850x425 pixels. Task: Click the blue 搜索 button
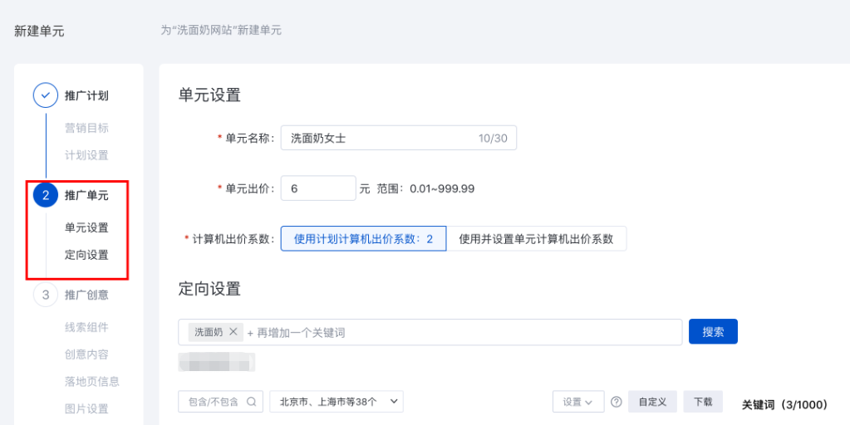(x=713, y=332)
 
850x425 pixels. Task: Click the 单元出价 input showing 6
(x=318, y=188)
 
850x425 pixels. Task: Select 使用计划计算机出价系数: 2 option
(x=363, y=239)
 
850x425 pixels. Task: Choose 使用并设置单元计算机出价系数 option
(x=536, y=239)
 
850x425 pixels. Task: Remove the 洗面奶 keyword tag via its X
(x=233, y=332)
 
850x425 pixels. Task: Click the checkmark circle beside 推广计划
(x=45, y=95)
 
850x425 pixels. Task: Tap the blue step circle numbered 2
(x=45, y=195)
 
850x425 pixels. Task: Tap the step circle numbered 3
(x=45, y=295)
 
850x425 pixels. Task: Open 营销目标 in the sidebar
(x=86, y=128)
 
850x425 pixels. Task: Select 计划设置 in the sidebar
(x=86, y=155)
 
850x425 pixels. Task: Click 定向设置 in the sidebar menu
(x=86, y=255)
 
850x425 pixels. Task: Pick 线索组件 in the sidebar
(x=86, y=327)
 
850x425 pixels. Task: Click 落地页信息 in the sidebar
(x=91, y=381)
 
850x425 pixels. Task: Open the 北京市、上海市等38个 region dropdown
(x=336, y=402)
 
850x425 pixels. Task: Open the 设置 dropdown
(x=577, y=402)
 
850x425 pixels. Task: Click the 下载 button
(x=702, y=402)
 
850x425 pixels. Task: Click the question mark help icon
(x=616, y=402)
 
